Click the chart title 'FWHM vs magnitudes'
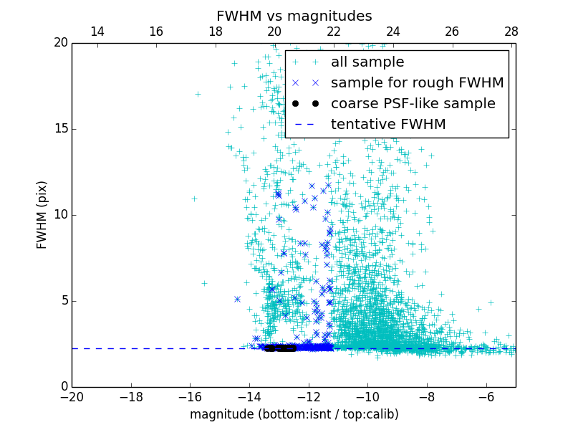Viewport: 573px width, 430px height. pos(294,16)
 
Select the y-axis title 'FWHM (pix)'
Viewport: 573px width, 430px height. pos(42,215)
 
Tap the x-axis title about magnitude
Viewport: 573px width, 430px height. pos(294,414)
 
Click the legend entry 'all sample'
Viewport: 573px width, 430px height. pos(367,62)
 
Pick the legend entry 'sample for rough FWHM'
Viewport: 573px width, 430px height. pos(417,83)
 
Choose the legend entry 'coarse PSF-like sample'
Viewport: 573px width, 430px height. pos(413,104)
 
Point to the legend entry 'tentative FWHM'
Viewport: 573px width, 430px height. pos(387,125)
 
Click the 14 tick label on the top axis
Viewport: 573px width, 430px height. pos(97,32)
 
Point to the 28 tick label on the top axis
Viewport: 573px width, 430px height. pos(511,32)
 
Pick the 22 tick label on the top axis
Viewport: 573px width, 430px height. pos(334,32)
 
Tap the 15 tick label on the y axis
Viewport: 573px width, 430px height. pos(59,129)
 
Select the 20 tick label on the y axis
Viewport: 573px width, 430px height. pos(59,43)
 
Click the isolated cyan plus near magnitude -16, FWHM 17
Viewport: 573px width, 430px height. pos(198,94)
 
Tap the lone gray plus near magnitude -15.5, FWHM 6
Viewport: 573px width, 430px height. pos(204,283)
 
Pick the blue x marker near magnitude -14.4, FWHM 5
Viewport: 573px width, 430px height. pos(237,299)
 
